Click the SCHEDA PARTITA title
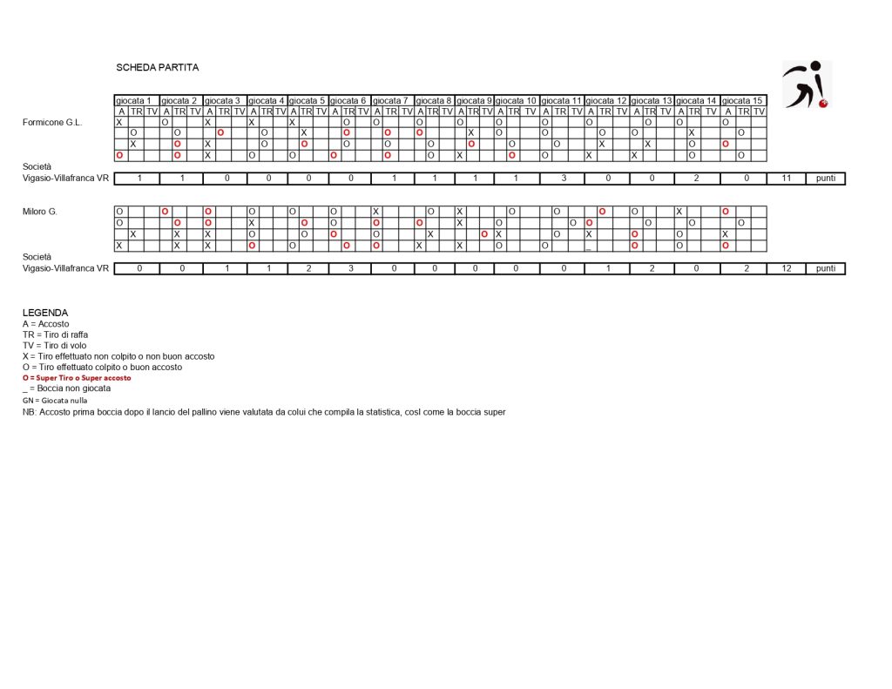[x=145, y=68]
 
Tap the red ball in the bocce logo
[x=823, y=104]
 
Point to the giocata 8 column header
[x=435, y=101]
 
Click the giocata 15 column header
[x=743, y=101]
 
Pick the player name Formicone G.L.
[x=52, y=123]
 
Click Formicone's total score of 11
[x=786, y=179]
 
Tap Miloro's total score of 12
[x=786, y=268]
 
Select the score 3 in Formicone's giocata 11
[x=562, y=179]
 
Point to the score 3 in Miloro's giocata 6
[x=350, y=268]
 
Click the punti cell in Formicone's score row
[x=825, y=179]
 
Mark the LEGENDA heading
[x=45, y=313]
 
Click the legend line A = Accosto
[x=46, y=324]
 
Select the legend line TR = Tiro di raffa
[x=56, y=334]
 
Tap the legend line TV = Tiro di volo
[x=54, y=346]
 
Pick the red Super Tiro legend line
[x=77, y=378]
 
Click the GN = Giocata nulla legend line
[x=55, y=401]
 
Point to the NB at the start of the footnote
[x=30, y=411]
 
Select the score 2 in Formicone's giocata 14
[x=697, y=179]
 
